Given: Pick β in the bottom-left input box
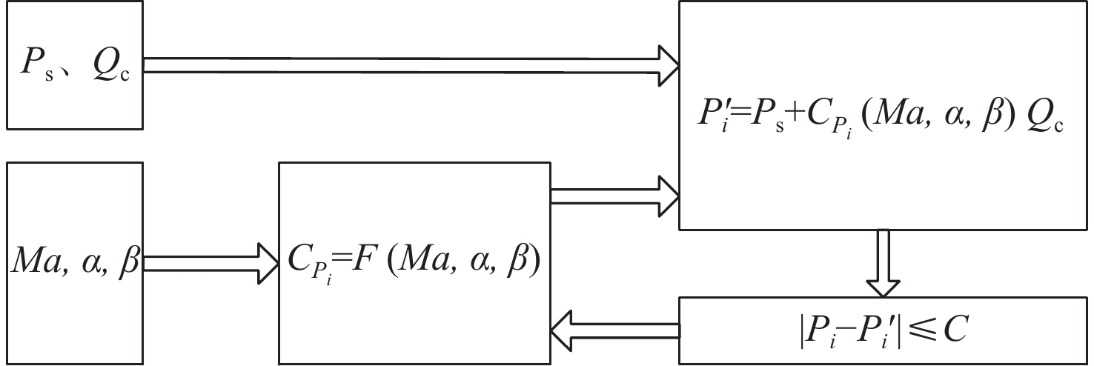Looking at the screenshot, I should click(128, 264).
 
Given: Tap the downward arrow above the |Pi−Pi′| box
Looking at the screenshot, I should click(883, 264).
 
